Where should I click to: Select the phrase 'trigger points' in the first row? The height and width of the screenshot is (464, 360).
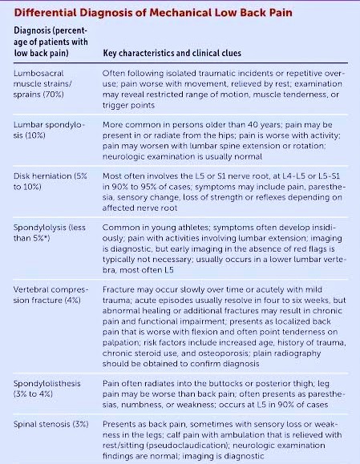click(x=128, y=105)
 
